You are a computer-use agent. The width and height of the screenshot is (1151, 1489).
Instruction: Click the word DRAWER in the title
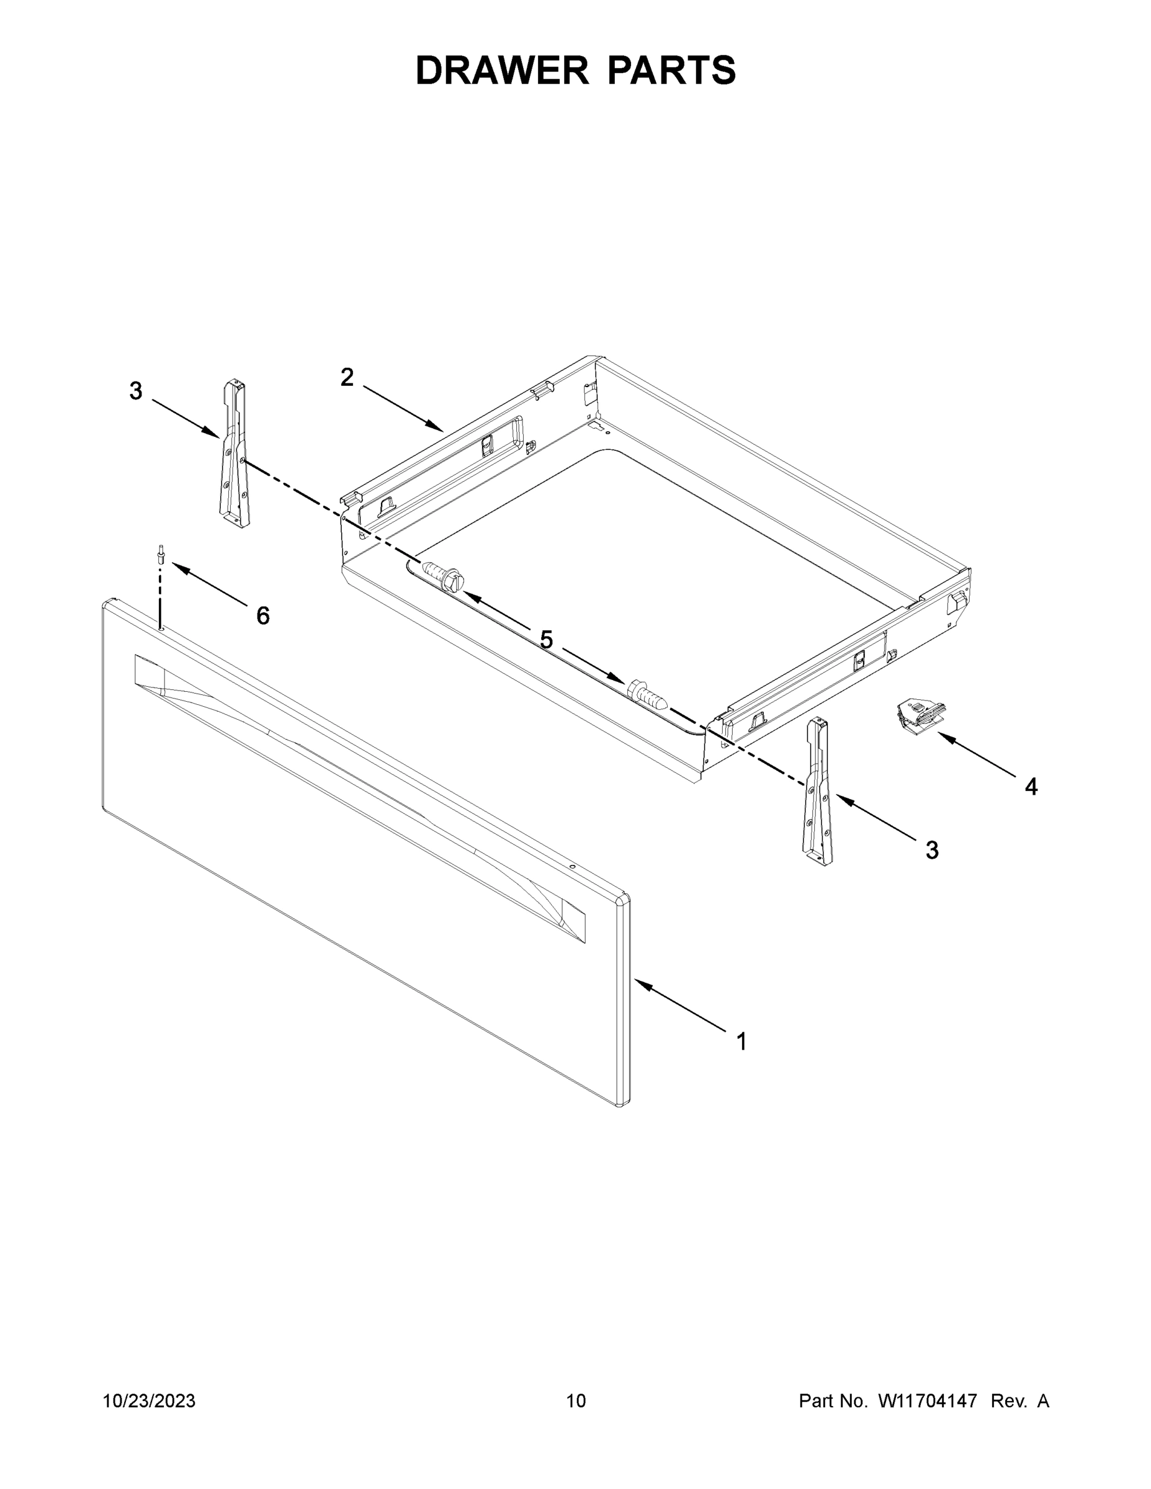click(502, 71)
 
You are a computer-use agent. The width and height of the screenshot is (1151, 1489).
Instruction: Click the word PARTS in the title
click(671, 71)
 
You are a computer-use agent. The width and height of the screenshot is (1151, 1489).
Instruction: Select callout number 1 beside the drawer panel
click(741, 1042)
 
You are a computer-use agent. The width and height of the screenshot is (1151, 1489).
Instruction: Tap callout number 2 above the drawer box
click(347, 377)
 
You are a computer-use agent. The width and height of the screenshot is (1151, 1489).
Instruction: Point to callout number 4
click(1031, 787)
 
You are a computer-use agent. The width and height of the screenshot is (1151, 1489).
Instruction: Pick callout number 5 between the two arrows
click(546, 640)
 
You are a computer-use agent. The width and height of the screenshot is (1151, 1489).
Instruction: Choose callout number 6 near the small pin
click(263, 615)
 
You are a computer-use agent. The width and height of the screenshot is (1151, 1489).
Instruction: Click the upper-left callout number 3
click(136, 391)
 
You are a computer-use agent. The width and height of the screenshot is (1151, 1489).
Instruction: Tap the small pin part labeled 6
click(160, 553)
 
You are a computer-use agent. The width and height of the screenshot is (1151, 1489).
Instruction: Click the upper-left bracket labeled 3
click(233, 455)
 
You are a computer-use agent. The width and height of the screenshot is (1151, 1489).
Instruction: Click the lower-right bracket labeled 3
click(818, 793)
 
